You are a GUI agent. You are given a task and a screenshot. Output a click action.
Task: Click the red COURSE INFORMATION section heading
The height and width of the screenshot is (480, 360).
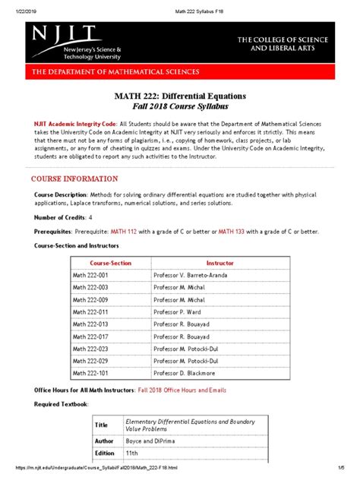tap(74, 178)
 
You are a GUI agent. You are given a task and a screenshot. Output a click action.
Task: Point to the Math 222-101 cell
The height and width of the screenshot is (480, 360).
tap(90, 374)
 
